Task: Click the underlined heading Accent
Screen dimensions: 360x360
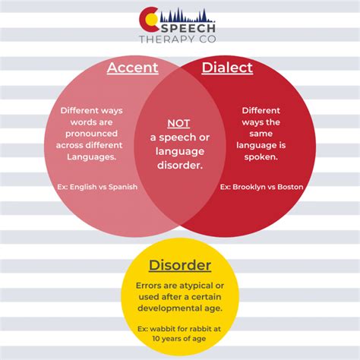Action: point(133,68)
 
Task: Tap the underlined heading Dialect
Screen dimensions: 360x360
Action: point(227,68)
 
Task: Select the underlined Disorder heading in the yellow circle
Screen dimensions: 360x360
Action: point(180,265)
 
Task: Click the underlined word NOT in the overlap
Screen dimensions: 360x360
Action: point(178,123)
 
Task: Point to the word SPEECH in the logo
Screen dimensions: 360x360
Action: point(188,28)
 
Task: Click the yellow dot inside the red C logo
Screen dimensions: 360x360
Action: point(152,20)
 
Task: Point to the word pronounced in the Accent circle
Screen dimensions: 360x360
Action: point(92,134)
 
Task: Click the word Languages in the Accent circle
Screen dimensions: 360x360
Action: point(92,157)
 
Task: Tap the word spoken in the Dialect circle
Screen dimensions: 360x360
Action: point(261,157)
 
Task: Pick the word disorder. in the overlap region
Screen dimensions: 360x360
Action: point(180,166)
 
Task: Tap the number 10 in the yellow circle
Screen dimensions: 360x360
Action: point(156,339)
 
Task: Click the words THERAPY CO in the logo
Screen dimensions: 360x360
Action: point(178,39)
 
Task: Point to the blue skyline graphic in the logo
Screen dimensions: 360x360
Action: point(187,15)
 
